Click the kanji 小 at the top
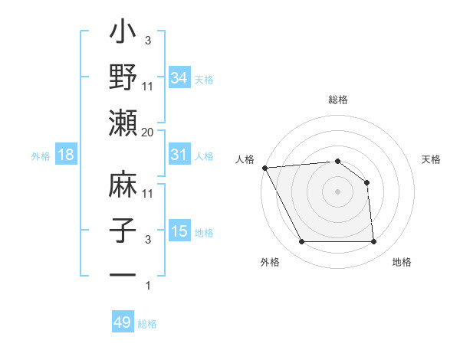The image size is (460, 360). [123, 35]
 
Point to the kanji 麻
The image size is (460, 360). [123, 186]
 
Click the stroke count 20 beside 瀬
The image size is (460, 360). [147, 132]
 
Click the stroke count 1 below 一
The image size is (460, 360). [147, 286]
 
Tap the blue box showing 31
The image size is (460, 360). [179, 155]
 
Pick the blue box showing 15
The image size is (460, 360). [179, 231]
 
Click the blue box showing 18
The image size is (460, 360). [65, 155]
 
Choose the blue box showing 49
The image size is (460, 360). [123, 322]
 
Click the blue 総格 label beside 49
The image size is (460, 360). [147, 324]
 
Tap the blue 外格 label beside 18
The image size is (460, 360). [41, 156]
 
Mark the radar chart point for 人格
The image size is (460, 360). [264, 167]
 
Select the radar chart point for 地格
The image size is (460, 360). [373, 242]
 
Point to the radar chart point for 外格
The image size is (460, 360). [301, 242]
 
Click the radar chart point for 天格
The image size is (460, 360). [366, 182]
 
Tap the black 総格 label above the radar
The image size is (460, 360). [337, 100]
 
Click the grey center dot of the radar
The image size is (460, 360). [337, 191]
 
